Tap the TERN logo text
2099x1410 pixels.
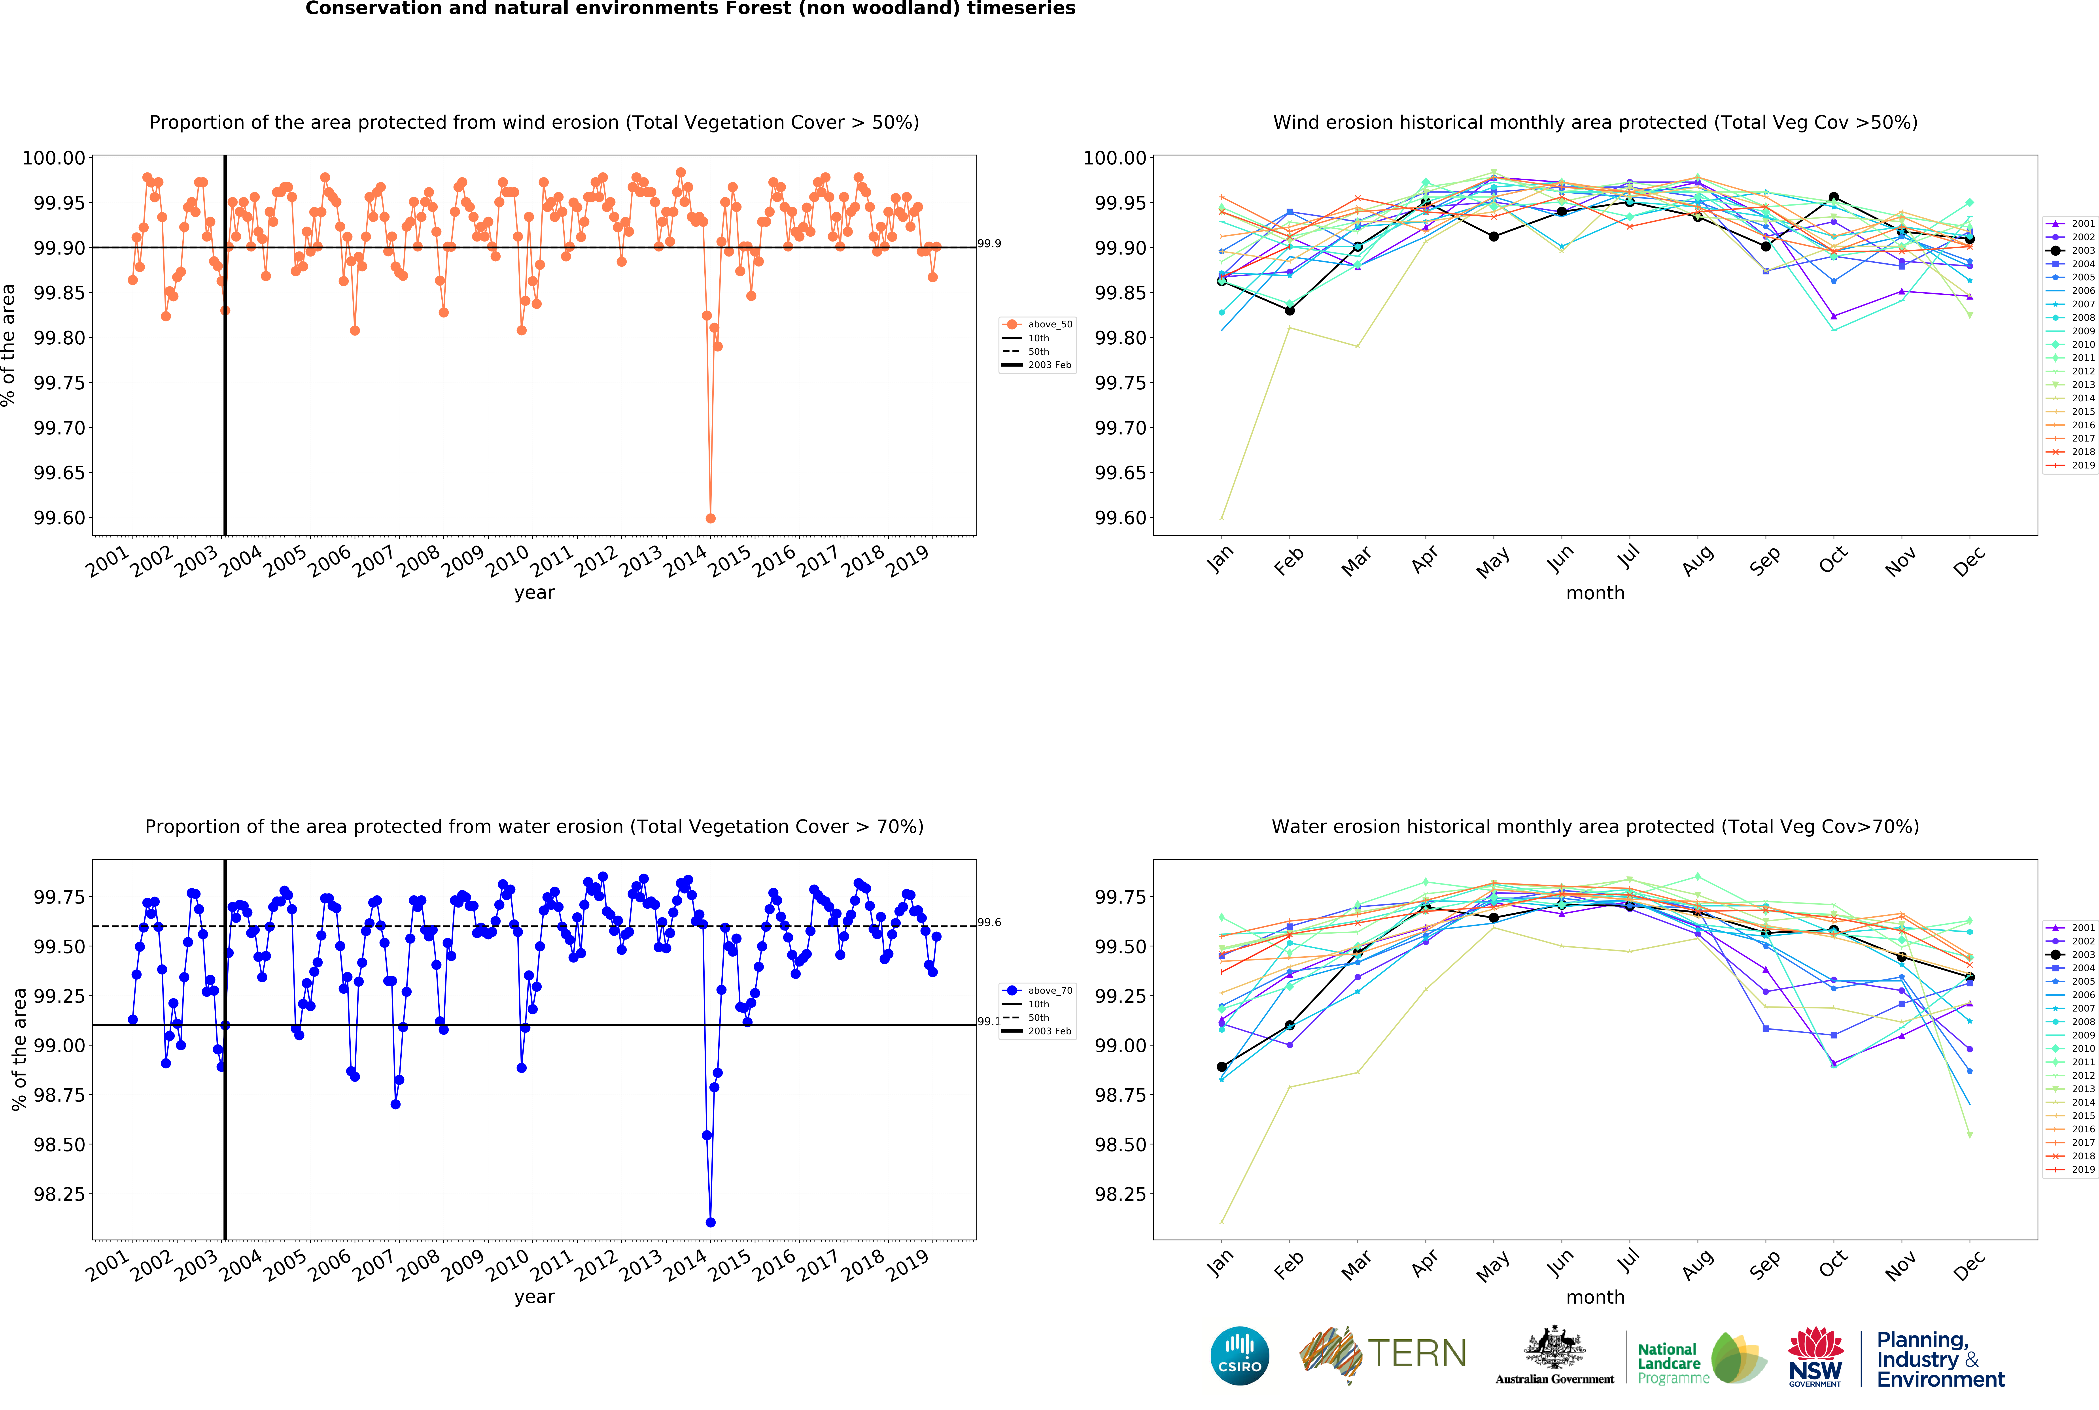[1416, 1353]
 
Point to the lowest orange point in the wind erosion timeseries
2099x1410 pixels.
[711, 518]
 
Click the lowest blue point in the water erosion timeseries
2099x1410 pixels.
[711, 1222]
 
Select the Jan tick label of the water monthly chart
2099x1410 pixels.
[1220, 1263]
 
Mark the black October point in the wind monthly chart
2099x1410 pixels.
[1833, 197]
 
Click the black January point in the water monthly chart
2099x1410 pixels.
[1221, 1066]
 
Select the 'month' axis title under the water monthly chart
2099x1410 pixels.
[1594, 1297]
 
